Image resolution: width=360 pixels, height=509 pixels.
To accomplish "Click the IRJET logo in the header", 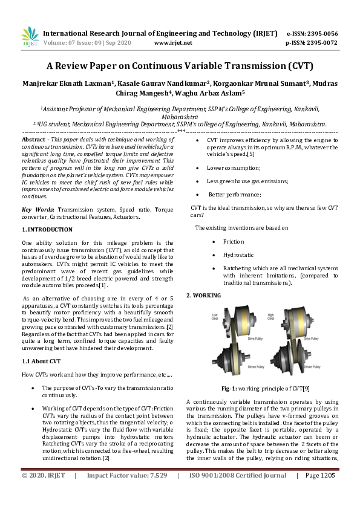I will coord(30,37).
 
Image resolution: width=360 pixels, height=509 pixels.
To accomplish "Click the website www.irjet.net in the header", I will coord(173,43).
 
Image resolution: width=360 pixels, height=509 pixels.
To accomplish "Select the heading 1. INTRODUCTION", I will coord(47,230).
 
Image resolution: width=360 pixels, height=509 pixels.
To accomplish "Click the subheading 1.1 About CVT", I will coord(41,361).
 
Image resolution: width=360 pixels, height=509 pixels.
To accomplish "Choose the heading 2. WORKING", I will coord(203,295).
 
